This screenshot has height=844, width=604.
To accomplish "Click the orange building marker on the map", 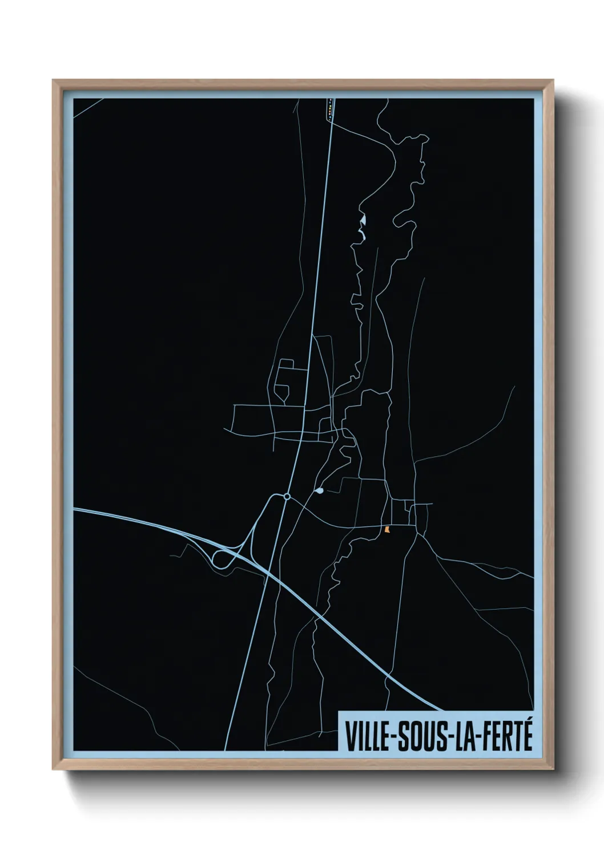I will [x=388, y=530].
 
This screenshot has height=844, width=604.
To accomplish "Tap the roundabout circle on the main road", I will [x=287, y=497].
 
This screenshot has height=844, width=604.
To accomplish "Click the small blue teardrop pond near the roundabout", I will [x=319, y=490].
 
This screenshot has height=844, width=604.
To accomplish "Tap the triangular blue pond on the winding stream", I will [x=363, y=220].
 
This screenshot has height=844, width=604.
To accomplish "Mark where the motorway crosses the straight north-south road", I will [x=268, y=572].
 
